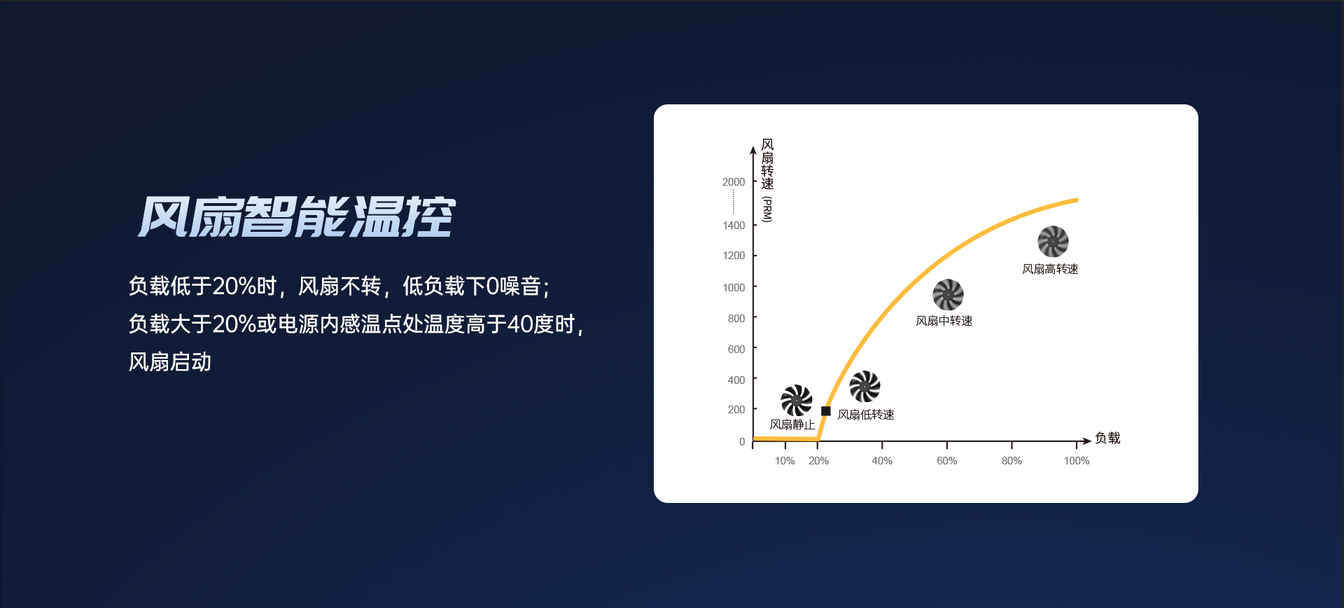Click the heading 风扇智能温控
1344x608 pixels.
[x=297, y=216]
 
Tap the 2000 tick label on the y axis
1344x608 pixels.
[x=734, y=182]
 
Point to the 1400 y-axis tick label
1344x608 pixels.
[x=734, y=226]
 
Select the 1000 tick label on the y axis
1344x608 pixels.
[x=734, y=287]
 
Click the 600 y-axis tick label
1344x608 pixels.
[x=736, y=349]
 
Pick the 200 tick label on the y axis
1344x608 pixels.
[x=736, y=410]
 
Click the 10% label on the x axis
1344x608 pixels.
[x=785, y=461]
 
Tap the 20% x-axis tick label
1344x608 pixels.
[x=818, y=461]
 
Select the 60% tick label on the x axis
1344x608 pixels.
[x=947, y=461]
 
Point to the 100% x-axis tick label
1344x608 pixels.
[x=1077, y=461]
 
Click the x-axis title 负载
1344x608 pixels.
[x=1107, y=438]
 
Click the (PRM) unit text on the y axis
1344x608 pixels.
[x=767, y=209]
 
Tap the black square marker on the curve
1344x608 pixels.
[x=826, y=411]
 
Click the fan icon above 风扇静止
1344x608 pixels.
[x=797, y=401]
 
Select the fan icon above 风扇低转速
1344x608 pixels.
[x=864, y=387]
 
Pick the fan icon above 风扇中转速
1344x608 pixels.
[x=948, y=295]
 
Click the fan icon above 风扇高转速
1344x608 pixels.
[x=1053, y=242]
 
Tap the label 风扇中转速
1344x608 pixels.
[x=944, y=321]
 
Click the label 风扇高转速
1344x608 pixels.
[x=1050, y=269]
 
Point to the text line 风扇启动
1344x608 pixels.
[x=170, y=362]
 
